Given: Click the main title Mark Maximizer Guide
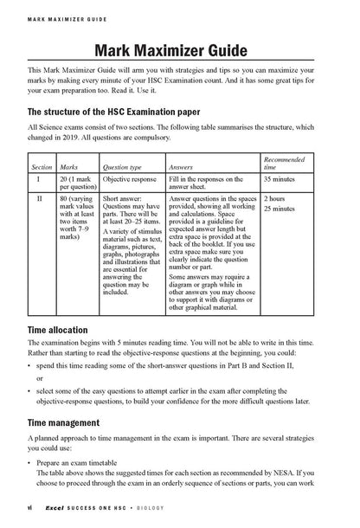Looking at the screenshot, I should (180, 48).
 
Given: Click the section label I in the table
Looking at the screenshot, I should (40, 179).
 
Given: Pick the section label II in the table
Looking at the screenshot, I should (40, 198).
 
